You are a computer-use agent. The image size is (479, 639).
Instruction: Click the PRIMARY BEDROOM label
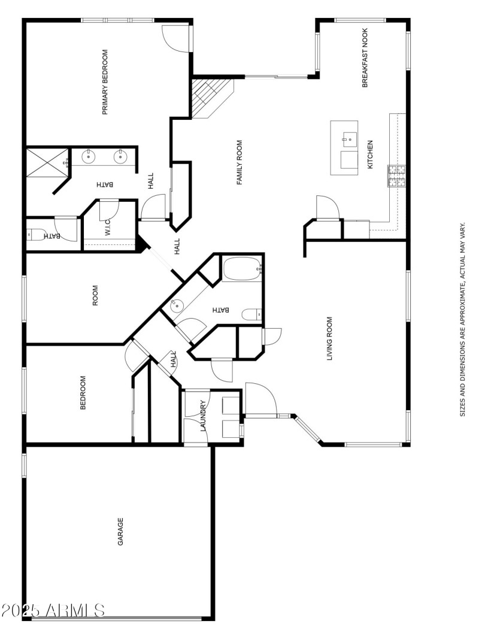point(105,82)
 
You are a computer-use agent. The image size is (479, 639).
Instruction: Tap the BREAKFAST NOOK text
point(365,58)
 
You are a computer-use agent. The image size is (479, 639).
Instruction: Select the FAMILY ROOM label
point(239,162)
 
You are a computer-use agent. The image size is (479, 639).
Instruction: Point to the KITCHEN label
point(370,155)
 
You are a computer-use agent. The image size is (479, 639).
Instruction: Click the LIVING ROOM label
point(329,339)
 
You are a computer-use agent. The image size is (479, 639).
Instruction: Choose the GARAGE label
point(120,531)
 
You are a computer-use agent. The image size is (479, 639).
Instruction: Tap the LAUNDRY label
point(204,416)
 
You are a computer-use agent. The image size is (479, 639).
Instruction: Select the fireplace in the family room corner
point(209,96)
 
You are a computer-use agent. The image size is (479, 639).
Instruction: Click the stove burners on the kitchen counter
point(396,175)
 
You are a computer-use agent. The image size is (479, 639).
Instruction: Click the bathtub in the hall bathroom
point(242,269)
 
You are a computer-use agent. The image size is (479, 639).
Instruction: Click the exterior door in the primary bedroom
point(177,39)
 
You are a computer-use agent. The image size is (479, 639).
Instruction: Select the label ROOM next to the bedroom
point(95,295)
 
